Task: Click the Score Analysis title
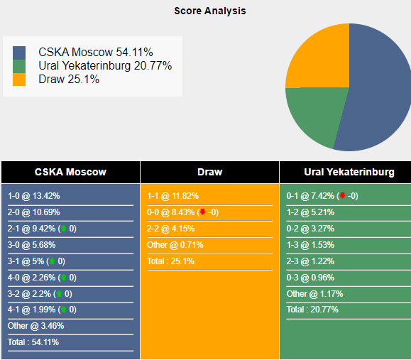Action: pos(210,11)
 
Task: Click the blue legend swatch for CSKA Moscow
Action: pos(19,53)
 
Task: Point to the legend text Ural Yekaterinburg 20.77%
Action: pos(105,66)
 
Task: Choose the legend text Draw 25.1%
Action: pos(69,80)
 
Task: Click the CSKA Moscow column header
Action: pos(70,172)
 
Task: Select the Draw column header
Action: pos(209,172)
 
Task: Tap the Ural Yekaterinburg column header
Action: pos(349,172)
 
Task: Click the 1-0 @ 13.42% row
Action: pos(34,196)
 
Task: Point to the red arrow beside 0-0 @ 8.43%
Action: pos(202,212)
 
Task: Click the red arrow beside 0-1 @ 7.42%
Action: pos(341,196)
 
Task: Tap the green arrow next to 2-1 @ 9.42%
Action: pos(63,229)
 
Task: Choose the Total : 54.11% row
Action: pos(33,342)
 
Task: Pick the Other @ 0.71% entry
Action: pos(175,245)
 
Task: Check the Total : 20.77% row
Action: pos(312,310)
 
